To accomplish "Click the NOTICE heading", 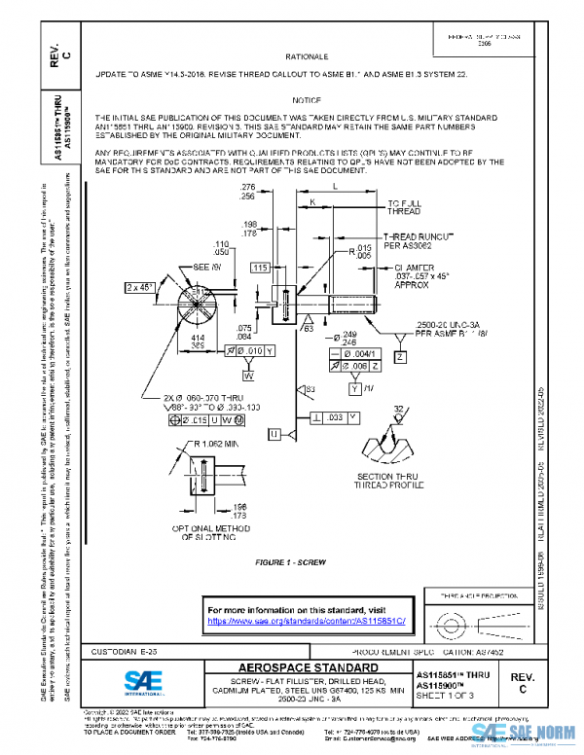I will (307, 100).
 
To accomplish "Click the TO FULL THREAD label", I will (404, 205).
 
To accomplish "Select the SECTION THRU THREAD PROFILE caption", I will (383, 480).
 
